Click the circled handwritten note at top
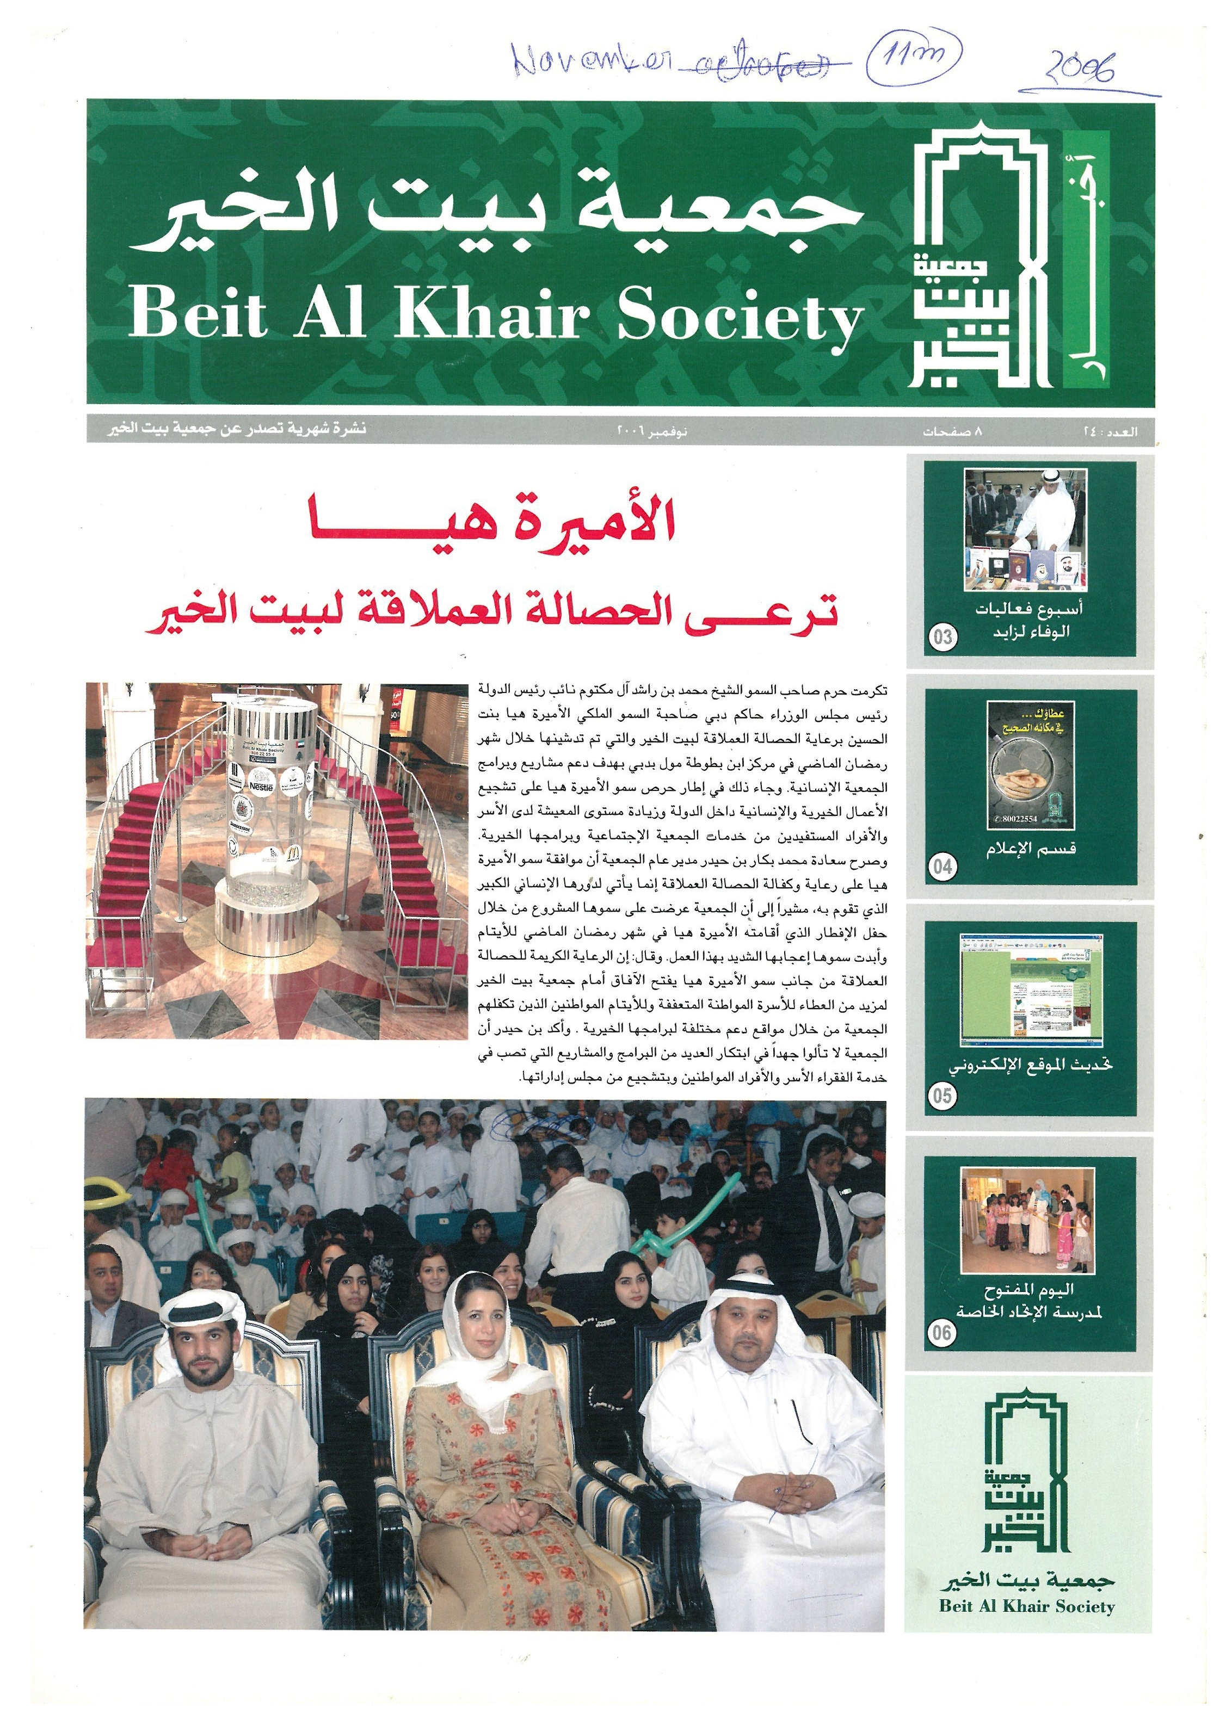[x=914, y=54]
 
